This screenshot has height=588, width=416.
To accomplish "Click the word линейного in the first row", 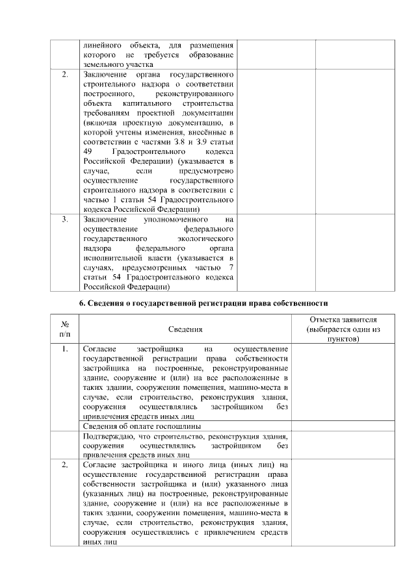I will coord(101,44).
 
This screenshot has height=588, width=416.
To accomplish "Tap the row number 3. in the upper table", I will coord(65,220).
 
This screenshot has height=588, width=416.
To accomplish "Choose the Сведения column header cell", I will coord(185,330).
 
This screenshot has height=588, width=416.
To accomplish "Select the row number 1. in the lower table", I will coord(65,349).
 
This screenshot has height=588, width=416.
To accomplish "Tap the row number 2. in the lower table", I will coord(65,465).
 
